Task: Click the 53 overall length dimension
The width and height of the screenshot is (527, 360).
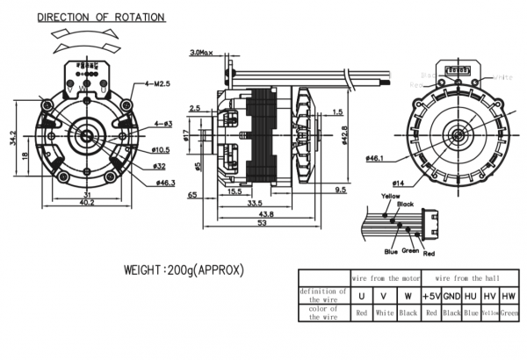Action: click(x=262, y=223)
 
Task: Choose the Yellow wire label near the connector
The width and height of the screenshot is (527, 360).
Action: click(x=390, y=196)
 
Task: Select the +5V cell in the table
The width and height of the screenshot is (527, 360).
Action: click(x=430, y=295)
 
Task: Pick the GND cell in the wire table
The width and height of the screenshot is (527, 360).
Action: click(x=451, y=295)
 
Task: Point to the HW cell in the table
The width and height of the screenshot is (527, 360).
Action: click(x=510, y=295)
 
